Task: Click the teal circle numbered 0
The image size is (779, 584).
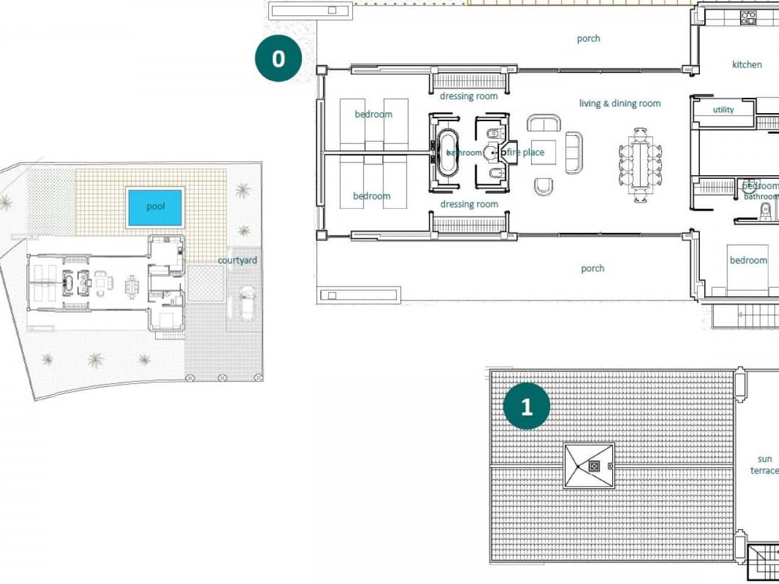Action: click(x=278, y=58)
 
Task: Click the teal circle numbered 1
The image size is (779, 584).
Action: click(x=526, y=406)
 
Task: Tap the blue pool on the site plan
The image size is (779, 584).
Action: click(x=155, y=207)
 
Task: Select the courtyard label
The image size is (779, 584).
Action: click(x=237, y=260)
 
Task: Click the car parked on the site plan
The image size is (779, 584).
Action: click(x=248, y=302)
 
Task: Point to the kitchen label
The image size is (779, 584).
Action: click(x=747, y=64)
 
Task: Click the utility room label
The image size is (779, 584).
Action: click(x=723, y=109)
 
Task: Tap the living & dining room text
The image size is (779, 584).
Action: click(x=620, y=103)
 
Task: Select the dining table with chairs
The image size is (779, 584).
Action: click(x=640, y=165)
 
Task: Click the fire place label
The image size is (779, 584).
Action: click(x=525, y=152)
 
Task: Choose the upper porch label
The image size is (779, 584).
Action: click(x=589, y=38)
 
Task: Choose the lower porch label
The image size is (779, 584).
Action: click(x=592, y=268)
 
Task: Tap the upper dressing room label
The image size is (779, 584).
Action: click(x=469, y=96)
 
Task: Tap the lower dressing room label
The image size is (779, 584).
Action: click(x=469, y=204)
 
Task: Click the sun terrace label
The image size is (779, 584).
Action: click(x=764, y=465)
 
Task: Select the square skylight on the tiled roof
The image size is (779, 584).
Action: click(x=589, y=466)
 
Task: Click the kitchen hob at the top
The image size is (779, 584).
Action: click(x=748, y=18)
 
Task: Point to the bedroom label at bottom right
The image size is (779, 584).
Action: click(x=748, y=260)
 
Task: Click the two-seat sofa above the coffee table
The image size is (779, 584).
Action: click(x=543, y=123)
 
